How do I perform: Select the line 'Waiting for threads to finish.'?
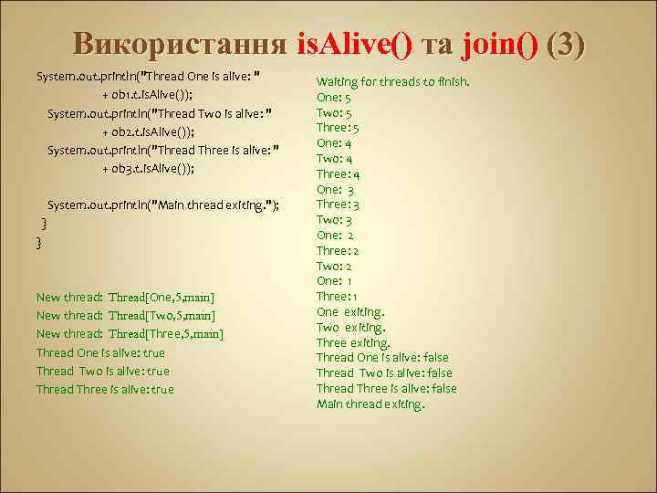point(392,82)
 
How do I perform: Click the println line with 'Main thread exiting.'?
point(163,205)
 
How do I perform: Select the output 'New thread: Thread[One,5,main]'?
point(125,298)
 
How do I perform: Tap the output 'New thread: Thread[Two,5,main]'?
point(125,316)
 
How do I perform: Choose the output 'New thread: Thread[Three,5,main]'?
point(130,334)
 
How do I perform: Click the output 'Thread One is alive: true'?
point(100,353)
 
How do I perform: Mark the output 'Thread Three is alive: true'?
point(105,390)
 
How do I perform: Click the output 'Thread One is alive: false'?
point(383,358)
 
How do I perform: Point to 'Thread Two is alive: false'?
point(384,373)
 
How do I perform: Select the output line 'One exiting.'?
point(350,312)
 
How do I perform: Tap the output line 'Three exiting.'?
point(353,343)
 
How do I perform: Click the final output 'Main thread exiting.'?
point(370,404)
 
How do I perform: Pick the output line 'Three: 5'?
point(338,128)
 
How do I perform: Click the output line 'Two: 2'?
point(334,266)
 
